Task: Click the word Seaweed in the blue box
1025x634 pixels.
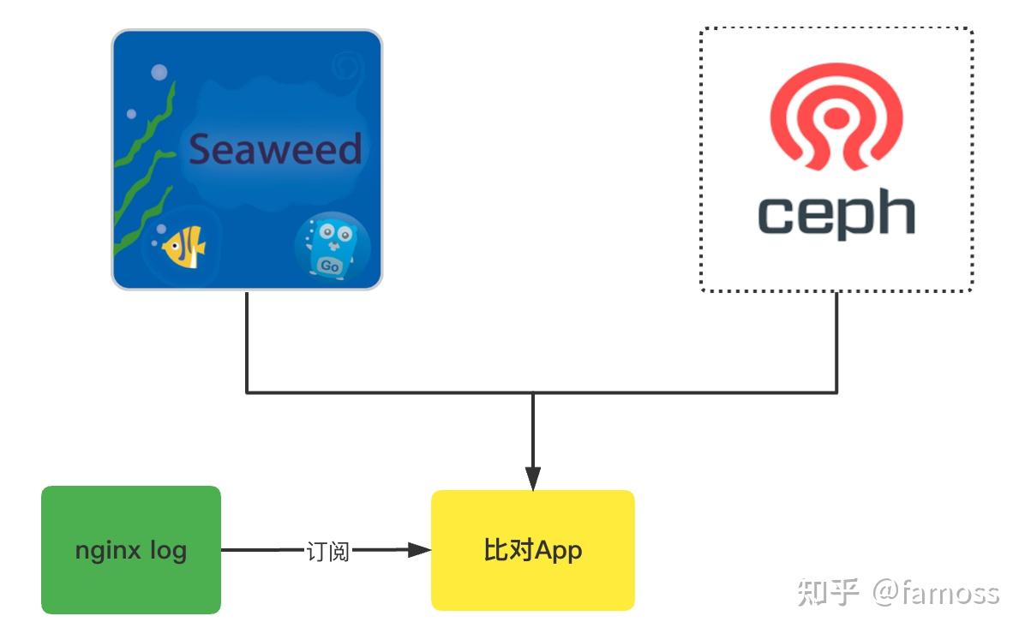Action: [x=274, y=150]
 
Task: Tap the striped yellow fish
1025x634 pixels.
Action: [x=183, y=247]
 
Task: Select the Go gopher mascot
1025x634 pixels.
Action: [x=331, y=247]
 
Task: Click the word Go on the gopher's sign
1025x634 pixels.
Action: [x=329, y=266]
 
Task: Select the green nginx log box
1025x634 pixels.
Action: [x=131, y=550]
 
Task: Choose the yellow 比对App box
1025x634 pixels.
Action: [x=532, y=550]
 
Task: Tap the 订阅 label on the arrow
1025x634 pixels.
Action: [x=328, y=551]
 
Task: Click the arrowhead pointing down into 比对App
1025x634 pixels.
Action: [x=533, y=479]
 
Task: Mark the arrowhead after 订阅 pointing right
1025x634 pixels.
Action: [x=419, y=550]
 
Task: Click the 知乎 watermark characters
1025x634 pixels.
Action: [x=828, y=592]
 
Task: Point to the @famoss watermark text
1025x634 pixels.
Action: [x=936, y=592]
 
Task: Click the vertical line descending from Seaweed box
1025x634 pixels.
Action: [x=247, y=343]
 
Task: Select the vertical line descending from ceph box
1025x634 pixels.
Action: [x=836, y=343]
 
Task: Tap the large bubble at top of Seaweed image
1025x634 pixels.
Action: [x=159, y=72]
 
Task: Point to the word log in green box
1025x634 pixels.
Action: [x=168, y=550]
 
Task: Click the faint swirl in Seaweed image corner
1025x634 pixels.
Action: [x=347, y=65]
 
